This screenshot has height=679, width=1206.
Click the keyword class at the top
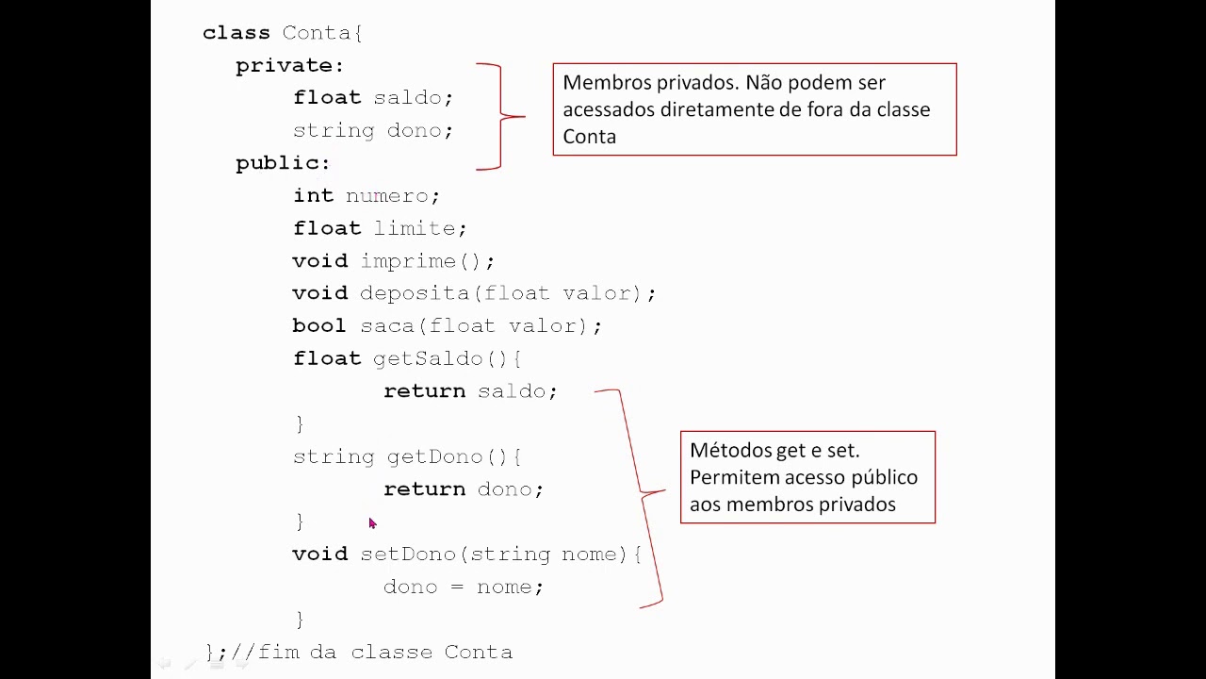coord(236,33)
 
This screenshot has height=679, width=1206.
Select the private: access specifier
coord(289,66)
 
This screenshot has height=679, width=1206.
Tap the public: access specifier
coord(283,163)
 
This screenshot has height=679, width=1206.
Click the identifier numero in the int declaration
coord(386,196)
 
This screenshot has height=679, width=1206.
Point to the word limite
coord(415,228)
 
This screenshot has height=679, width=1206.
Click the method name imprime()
coord(420,262)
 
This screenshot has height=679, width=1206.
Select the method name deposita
coord(414,294)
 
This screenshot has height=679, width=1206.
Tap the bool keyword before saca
coord(318,325)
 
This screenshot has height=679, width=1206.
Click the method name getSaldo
coord(428,359)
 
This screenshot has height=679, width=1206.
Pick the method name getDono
coord(435,457)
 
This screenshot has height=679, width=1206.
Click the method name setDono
coord(408,555)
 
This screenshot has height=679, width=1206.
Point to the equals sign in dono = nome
coord(457,587)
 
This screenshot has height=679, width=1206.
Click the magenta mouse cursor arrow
coord(372,523)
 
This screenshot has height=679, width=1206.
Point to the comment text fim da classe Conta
coord(385,653)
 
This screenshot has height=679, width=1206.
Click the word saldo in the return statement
coord(512,391)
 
